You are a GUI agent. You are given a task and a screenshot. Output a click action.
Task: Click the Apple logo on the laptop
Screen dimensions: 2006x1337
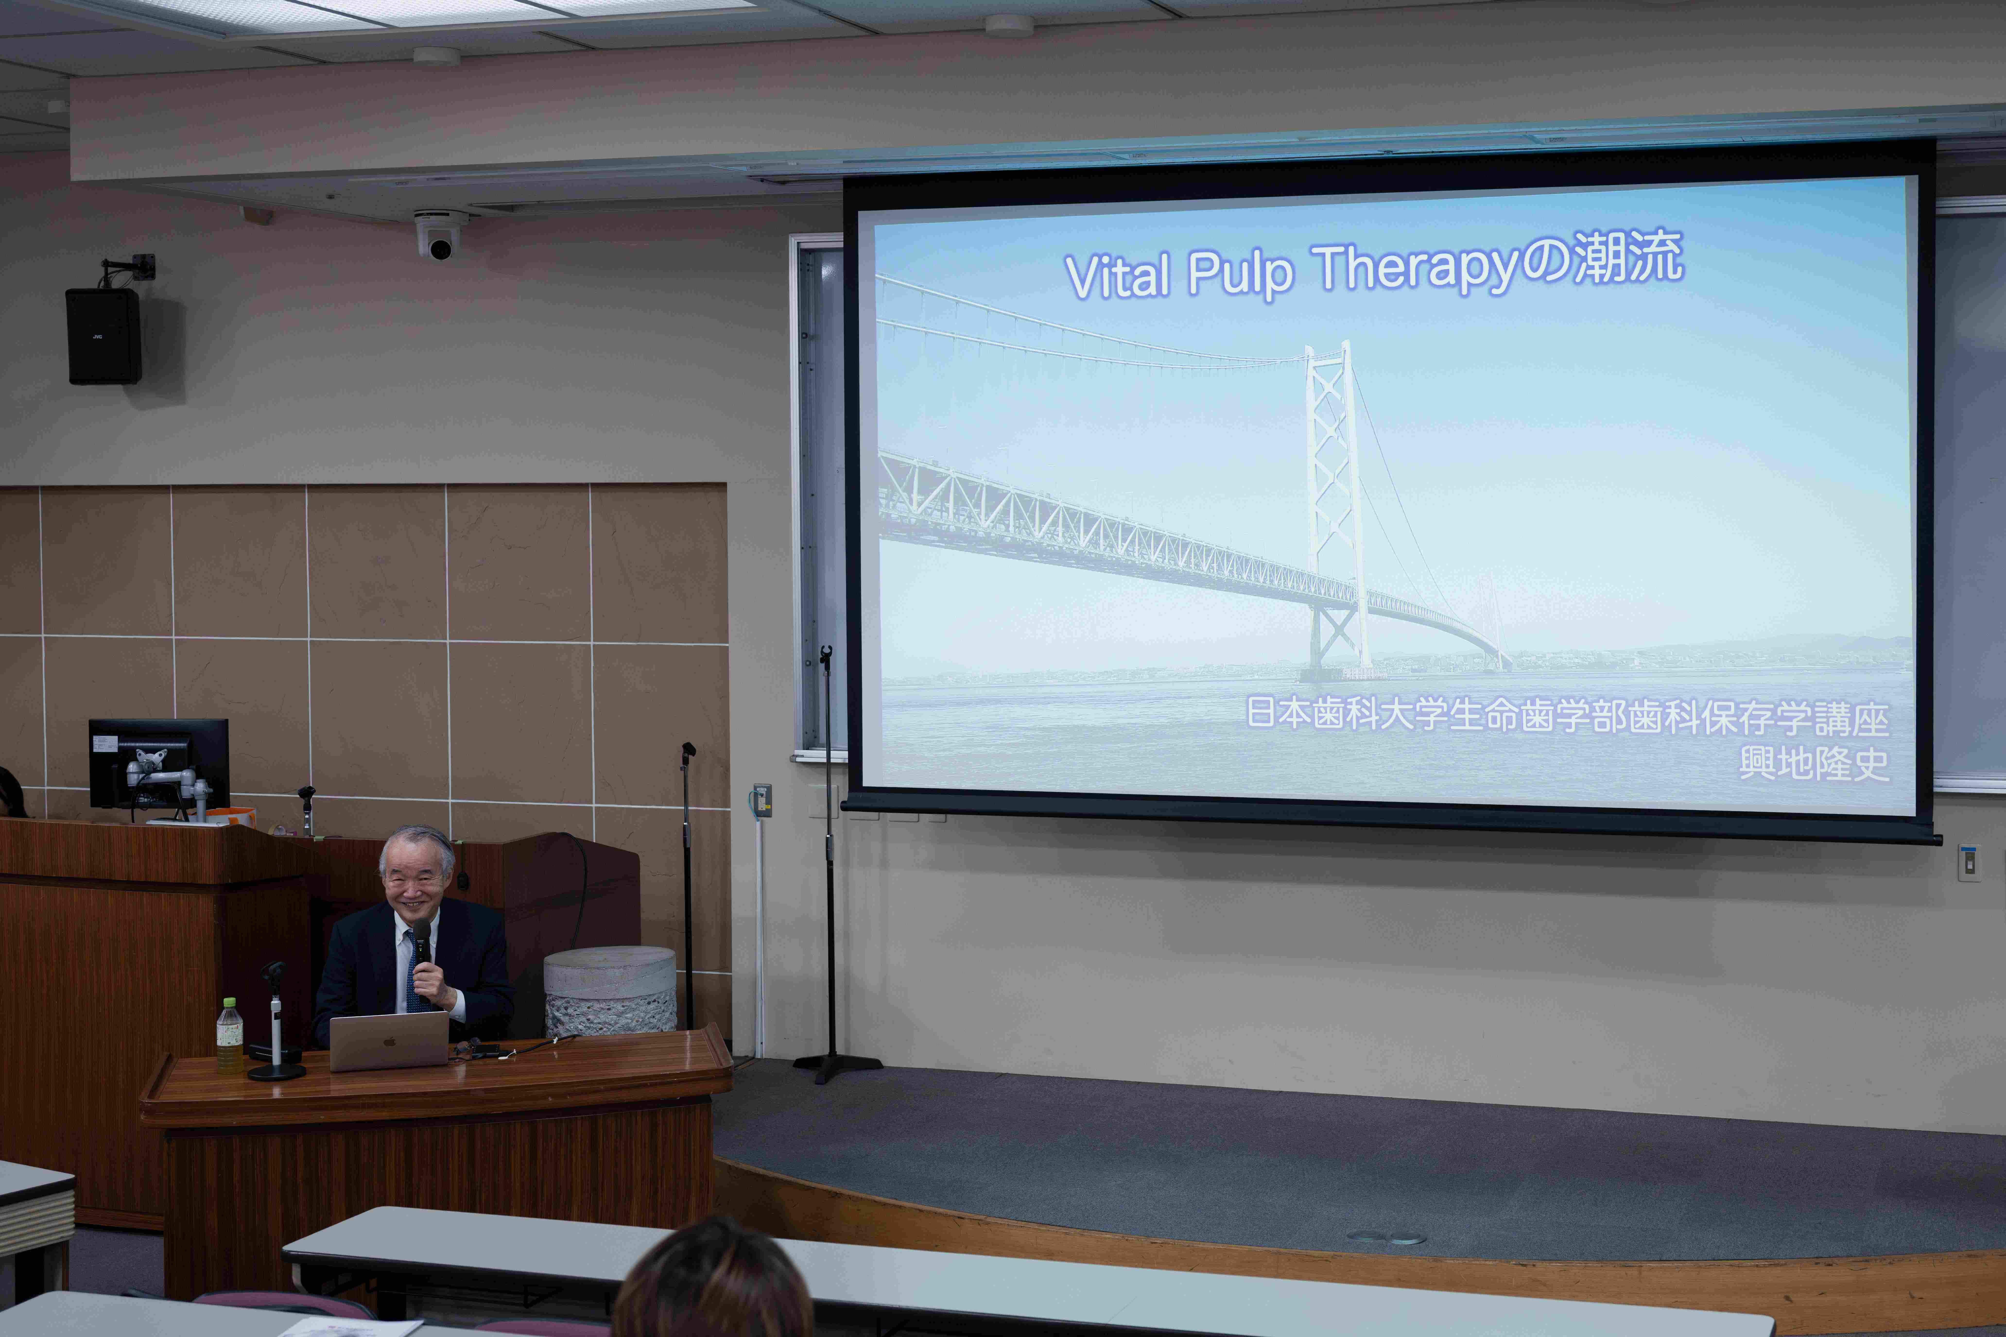point(389,1042)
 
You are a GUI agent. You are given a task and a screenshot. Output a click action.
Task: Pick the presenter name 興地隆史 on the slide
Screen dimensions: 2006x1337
point(1814,763)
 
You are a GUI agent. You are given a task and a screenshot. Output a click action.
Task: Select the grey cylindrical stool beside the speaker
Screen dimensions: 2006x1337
point(611,992)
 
